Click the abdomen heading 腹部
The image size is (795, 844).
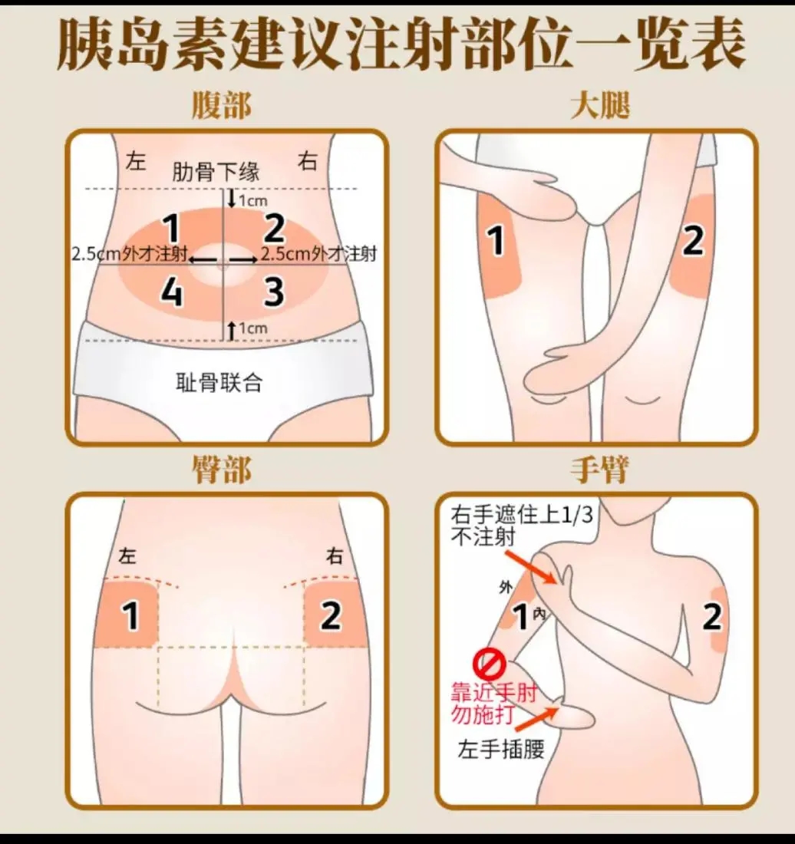point(221,106)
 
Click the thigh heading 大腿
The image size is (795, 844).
point(600,106)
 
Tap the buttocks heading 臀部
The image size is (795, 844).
point(221,470)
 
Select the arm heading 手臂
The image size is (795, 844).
point(599,470)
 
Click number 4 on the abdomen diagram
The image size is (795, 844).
point(172,292)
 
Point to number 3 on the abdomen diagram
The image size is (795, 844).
point(273,292)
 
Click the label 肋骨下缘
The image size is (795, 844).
point(216,172)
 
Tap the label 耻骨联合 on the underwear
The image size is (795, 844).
point(219,382)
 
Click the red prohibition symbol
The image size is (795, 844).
point(489,664)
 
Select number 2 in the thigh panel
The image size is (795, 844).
point(693,240)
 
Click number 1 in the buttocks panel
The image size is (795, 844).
point(130,615)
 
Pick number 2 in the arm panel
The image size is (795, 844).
point(711,616)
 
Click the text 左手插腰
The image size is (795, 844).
point(500,749)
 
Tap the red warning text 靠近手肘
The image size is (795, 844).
point(495,693)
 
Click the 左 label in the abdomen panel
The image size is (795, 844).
point(136,161)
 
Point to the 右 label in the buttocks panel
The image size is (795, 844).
point(335,556)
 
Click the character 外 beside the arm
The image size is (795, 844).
point(505,587)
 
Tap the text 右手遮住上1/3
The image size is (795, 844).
point(522,515)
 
